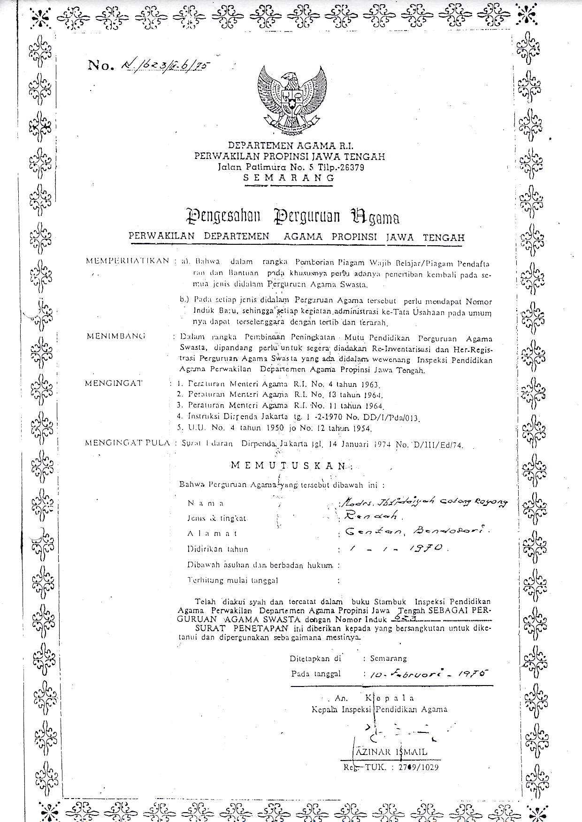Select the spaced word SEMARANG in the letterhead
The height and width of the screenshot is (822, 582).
coord(289,178)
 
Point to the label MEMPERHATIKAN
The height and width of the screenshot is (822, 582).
coord(127,261)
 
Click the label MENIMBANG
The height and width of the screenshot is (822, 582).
coord(116,336)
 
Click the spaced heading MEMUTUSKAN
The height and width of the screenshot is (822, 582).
coord(289,465)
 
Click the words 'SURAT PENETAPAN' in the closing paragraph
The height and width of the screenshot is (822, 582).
coord(243,628)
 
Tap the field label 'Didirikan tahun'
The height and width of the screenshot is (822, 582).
coord(218,549)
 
